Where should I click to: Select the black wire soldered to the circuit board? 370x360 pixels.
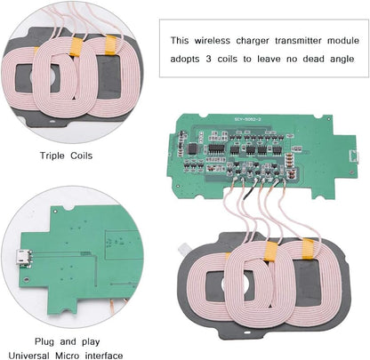pos(256,186)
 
